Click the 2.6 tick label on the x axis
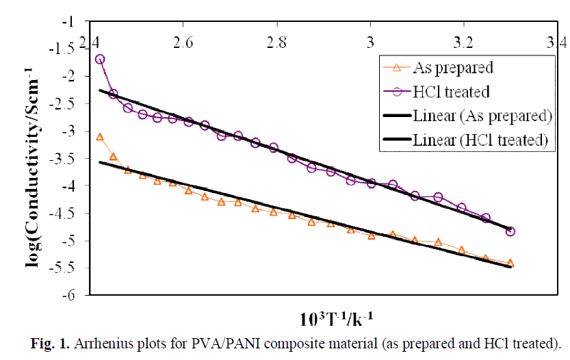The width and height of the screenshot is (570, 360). [182, 43]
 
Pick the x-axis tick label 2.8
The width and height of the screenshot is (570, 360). [276, 43]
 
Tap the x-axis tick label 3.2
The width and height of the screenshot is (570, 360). [465, 43]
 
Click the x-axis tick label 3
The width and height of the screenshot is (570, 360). [371, 43]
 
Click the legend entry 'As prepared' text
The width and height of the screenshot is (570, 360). [453, 67]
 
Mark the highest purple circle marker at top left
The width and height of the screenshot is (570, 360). [100, 59]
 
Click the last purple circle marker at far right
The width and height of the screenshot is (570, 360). [510, 231]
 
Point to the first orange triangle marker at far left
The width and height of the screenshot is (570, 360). [100, 137]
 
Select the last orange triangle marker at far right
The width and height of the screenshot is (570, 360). [510, 263]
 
